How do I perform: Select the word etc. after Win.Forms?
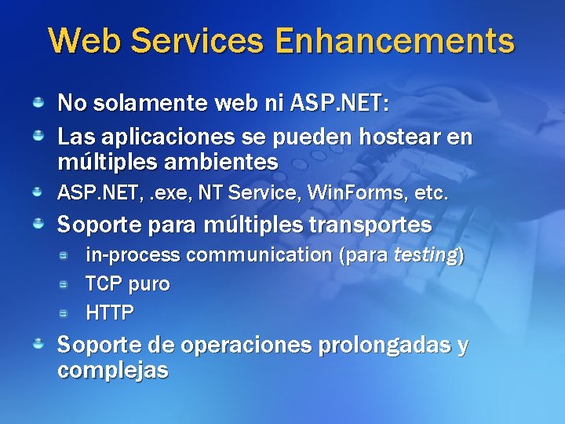(425, 192)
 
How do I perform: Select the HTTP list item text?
(110, 313)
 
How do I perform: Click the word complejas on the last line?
(113, 370)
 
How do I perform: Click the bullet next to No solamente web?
(38, 102)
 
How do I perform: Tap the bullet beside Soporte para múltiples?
(38, 225)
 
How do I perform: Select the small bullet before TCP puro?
(67, 283)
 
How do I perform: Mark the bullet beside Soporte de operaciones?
(38, 344)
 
